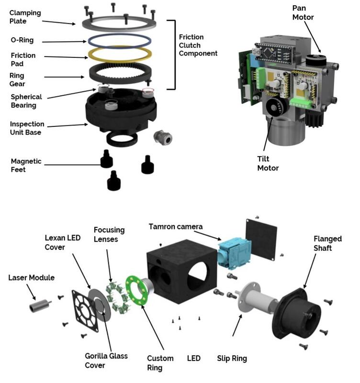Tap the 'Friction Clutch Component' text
pyautogui.click(x=198, y=45)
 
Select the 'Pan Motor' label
pyautogui.click(x=303, y=13)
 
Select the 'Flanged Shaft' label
pyautogui.click(x=328, y=243)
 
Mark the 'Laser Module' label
pyautogui.click(x=32, y=277)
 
